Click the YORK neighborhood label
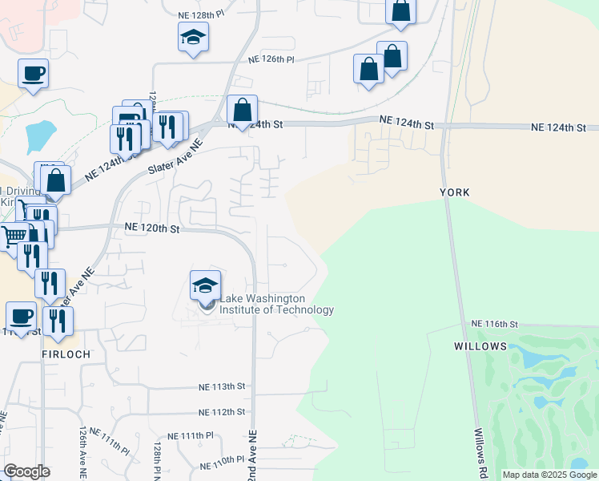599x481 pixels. (x=454, y=192)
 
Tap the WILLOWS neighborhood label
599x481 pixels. (x=480, y=346)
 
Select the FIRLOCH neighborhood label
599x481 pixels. (x=66, y=354)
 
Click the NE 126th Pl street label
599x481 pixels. (x=271, y=59)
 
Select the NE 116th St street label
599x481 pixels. (x=496, y=323)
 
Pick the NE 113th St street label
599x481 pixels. (x=222, y=386)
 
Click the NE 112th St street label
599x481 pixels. (x=222, y=412)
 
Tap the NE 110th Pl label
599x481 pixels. (x=216, y=459)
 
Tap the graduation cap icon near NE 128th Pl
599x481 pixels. (x=192, y=37)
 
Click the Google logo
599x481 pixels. (x=27, y=471)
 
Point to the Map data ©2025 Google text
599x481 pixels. (x=549, y=475)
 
